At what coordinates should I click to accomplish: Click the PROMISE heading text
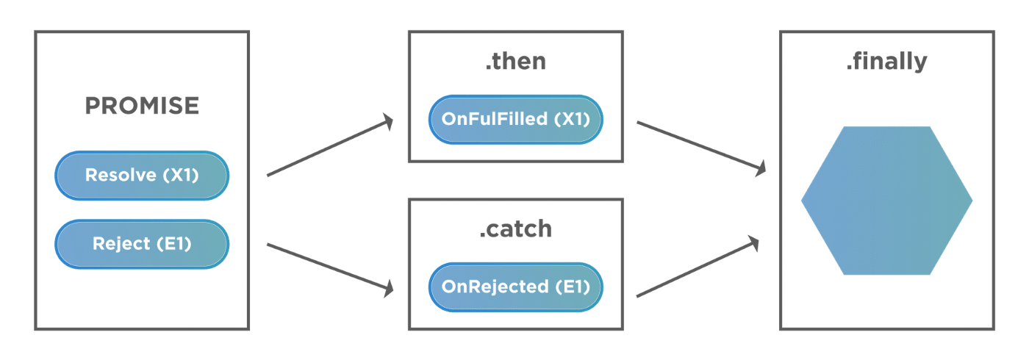tap(142, 106)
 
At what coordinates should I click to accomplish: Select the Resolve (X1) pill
tap(142, 176)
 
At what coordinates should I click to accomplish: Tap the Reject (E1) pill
tap(142, 244)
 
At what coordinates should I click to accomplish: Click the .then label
tap(516, 61)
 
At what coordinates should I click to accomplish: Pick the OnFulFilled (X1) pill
tap(516, 119)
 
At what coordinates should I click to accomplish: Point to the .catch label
tap(516, 228)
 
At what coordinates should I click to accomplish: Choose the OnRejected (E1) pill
tap(516, 287)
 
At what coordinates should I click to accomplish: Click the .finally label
tap(887, 62)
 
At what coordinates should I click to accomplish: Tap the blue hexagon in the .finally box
tap(887, 201)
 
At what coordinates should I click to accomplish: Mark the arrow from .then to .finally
tap(701, 148)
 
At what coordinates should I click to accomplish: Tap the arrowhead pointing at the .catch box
tap(389, 289)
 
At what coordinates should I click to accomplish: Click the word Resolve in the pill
tap(121, 175)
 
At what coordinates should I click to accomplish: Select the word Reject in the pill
tap(121, 244)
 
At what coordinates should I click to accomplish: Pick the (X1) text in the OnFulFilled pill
tap(572, 119)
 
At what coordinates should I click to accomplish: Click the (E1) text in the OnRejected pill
tap(573, 287)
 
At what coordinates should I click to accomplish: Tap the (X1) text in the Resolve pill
tap(181, 176)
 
